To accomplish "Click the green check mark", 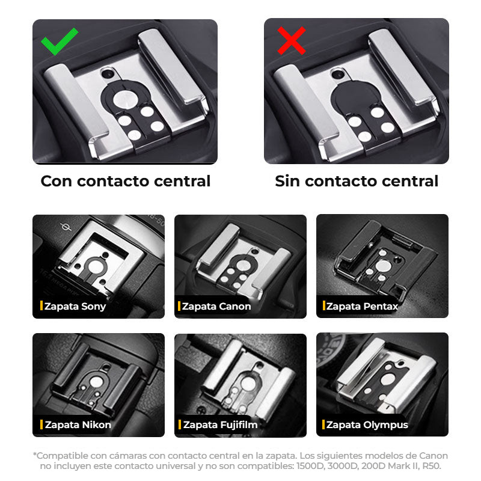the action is click(59, 41).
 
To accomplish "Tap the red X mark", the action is click(292, 40).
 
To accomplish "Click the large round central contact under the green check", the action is click(126, 99).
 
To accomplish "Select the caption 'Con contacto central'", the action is click(126, 181).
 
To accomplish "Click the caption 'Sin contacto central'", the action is click(357, 181).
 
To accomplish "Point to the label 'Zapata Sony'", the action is click(75, 306).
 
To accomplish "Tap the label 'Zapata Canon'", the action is click(216, 306).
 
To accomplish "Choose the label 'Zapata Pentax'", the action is click(362, 306).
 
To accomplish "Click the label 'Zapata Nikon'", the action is click(78, 424).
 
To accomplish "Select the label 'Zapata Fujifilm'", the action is click(220, 424).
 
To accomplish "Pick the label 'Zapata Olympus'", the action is click(367, 424).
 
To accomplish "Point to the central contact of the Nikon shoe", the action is click(97, 382).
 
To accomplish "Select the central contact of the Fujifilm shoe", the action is click(248, 384).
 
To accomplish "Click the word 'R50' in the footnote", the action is click(430, 466).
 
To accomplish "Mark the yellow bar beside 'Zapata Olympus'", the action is click(323, 424).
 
